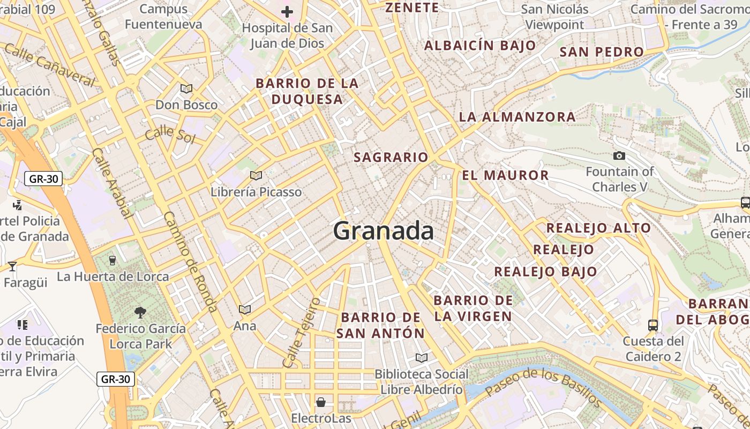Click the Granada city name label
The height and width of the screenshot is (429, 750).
pos(383,231)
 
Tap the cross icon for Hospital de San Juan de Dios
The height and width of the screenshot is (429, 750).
pos(287,12)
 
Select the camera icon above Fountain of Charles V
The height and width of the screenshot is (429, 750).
pos(619,156)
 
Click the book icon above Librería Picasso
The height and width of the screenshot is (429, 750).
pos(256,175)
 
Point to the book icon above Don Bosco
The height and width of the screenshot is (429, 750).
pos(186,88)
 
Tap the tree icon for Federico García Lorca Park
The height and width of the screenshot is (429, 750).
pos(140,312)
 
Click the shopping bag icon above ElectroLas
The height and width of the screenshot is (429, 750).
pos(321,402)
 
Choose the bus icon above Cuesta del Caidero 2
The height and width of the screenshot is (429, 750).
pos(653,325)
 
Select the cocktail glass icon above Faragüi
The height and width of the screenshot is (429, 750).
pos(12,266)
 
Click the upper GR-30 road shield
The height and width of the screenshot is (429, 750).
pos(43,179)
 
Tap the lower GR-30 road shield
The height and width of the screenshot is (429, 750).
pos(116,379)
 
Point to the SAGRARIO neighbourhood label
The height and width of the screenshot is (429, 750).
pos(391,158)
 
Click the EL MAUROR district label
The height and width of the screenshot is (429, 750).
pos(505,175)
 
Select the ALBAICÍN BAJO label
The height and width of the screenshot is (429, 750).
pos(480,46)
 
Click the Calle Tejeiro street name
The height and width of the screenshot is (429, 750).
pos(301,332)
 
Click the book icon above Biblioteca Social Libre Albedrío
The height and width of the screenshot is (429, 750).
pos(422,358)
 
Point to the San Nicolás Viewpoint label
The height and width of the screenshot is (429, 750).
pos(554,17)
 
